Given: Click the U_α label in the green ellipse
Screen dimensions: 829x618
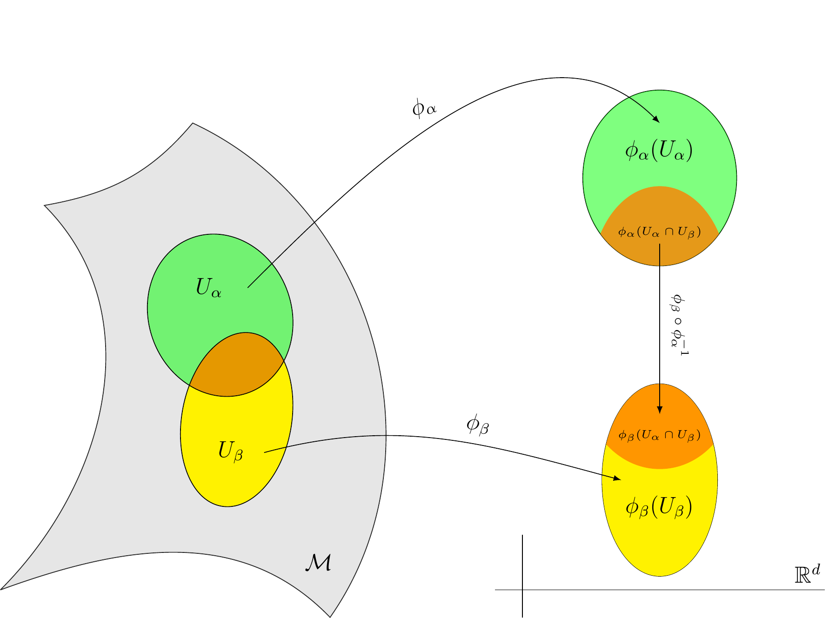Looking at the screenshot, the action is click(x=209, y=288).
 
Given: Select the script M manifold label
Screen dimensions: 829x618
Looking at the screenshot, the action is click(x=318, y=563).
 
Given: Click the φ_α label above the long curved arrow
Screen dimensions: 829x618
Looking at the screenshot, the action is click(x=424, y=109).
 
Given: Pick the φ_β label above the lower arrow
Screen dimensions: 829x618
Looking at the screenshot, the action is click(x=478, y=425).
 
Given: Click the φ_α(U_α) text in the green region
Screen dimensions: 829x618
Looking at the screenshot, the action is click(x=659, y=151).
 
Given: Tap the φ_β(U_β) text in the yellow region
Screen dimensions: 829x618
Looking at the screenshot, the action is click(x=659, y=507).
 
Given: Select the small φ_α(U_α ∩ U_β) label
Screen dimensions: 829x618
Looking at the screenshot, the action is click(x=659, y=232).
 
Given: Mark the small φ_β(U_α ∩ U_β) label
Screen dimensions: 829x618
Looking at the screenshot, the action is click(x=659, y=435).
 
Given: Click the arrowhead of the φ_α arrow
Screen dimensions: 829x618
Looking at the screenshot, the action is click(x=656, y=119).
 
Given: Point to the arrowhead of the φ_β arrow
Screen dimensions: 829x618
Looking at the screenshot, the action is click(x=617, y=478).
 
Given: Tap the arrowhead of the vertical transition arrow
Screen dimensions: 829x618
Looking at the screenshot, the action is click(x=659, y=409).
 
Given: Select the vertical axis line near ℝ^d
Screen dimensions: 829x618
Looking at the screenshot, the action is click(x=522, y=576).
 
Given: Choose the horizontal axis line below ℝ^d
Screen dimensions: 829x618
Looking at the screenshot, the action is click(x=660, y=590).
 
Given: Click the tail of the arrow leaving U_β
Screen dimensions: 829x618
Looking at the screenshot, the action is click(x=264, y=452).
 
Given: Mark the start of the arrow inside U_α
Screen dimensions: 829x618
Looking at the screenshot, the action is click(x=247, y=287).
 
